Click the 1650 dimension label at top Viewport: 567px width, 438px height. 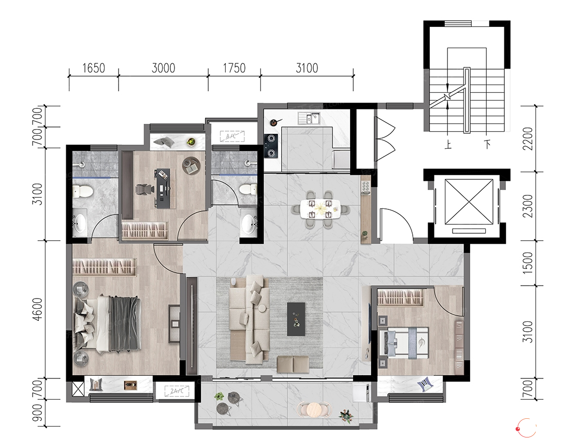click(94, 68)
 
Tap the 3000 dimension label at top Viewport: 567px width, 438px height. click(164, 68)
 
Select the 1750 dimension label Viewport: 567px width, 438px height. click(234, 68)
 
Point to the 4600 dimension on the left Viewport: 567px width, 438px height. click(37, 309)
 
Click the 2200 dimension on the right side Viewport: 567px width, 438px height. click(528, 138)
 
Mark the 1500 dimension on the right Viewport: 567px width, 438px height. click(528, 263)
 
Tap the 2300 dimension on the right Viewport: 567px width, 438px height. click(528, 206)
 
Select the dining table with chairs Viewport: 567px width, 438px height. click(321, 209)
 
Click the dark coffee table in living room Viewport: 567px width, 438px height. click(296, 319)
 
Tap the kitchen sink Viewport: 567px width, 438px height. click(309, 118)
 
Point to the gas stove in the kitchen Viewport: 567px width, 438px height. click(271, 146)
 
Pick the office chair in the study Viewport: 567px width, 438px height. click(143, 189)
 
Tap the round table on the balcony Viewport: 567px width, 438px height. click(314, 410)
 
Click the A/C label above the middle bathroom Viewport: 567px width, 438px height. click(232, 136)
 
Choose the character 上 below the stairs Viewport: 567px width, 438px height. click(448, 145)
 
